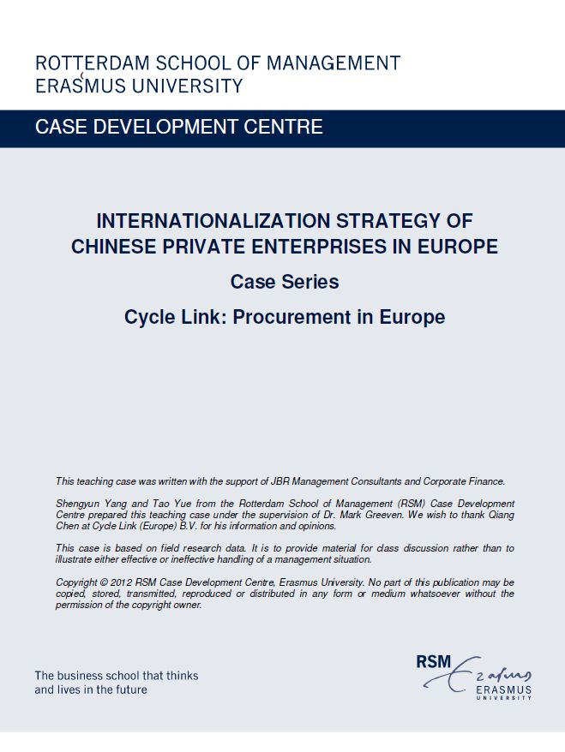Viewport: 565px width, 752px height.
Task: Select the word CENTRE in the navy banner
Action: [x=283, y=128]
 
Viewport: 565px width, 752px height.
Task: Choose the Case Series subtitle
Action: [x=284, y=282]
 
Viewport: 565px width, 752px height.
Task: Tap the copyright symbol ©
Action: [x=97, y=583]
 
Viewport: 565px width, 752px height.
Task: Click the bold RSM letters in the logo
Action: [x=433, y=662]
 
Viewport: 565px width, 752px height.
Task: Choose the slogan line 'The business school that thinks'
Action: [x=116, y=676]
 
